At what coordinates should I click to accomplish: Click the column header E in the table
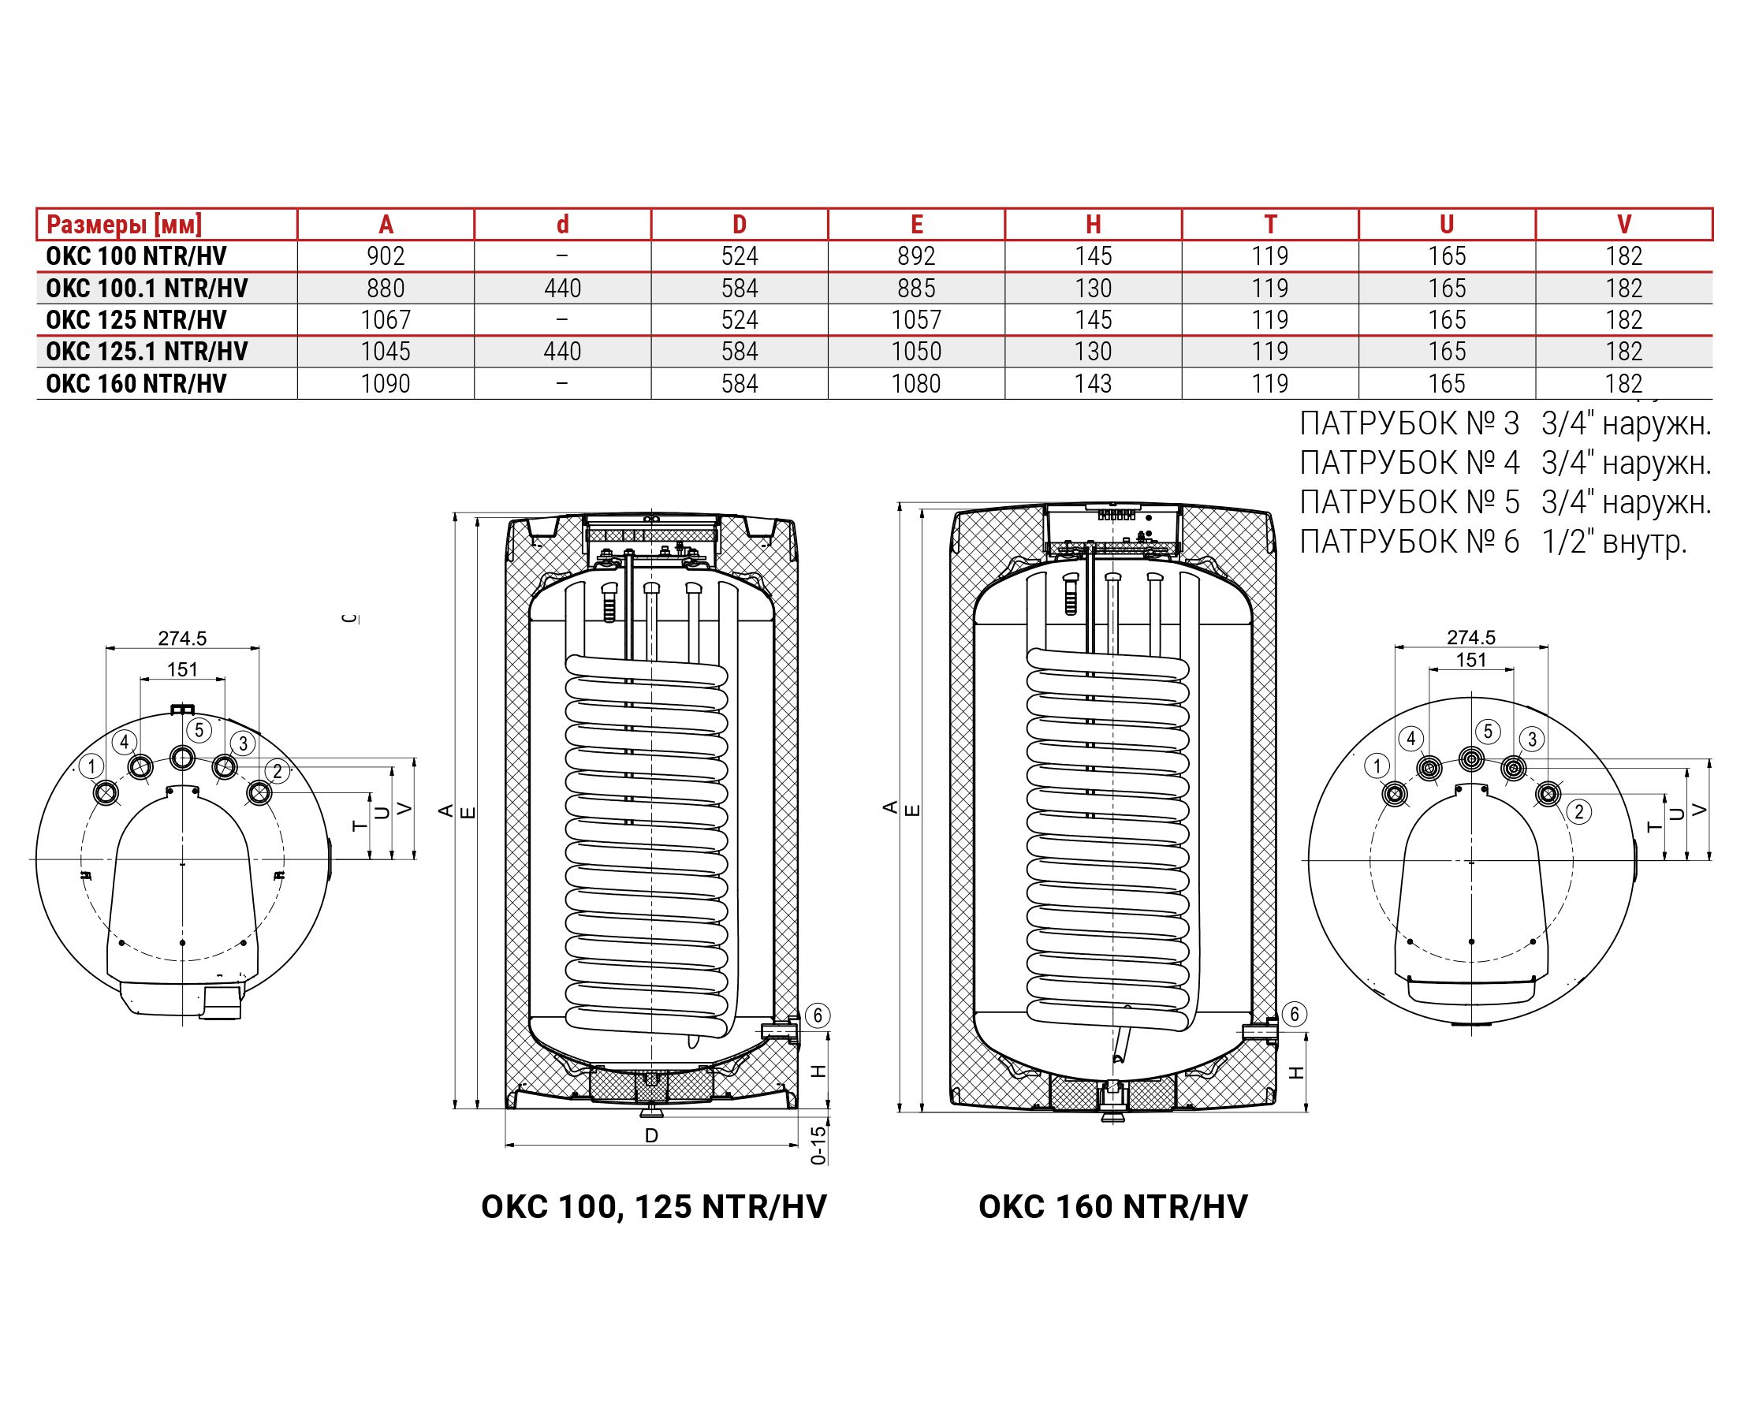[916, 225]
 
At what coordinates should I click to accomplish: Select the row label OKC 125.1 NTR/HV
[147, 352]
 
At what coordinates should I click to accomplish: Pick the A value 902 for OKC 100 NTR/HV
[386, 256]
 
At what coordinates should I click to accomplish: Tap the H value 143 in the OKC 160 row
[1093, 384]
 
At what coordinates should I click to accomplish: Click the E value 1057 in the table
[916, 320]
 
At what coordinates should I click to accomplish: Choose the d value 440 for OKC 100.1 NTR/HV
[562, 289]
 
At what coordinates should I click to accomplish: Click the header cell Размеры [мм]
[124, 225]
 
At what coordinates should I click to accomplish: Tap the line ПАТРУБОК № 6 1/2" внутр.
[1492, 542]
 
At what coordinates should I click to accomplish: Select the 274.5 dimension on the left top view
[182, 638]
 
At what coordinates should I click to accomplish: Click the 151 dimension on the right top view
[1471, 660]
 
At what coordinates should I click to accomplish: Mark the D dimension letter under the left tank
[652, 1136]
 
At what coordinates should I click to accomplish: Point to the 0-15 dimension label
[818, 1145]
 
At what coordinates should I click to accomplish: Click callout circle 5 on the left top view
[199, 729]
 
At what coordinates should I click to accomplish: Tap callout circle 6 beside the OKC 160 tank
[1295, 1015]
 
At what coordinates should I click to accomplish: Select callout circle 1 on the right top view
[1377, 766]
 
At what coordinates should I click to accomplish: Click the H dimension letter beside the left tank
[818, 1071]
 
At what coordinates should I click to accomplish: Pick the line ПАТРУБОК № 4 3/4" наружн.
[1505, 464]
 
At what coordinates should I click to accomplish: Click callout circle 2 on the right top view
[1578, 812]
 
